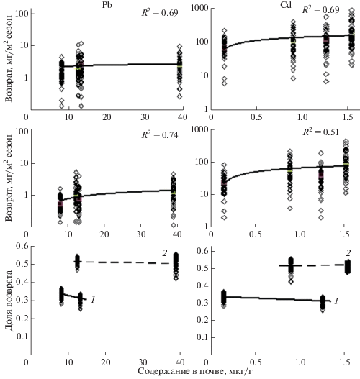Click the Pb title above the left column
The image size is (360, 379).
click(x=107, y=5)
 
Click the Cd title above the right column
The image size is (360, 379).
click(x=286, y=5)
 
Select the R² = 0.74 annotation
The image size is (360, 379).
click(x=160, y=134)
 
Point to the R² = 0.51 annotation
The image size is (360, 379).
click(x=321, y=132)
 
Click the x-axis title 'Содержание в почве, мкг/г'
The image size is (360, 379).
click(x=194, y=371)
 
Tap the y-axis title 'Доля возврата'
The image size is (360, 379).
click(x=9, y=301)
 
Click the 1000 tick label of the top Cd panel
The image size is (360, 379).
click(x=199, y=8)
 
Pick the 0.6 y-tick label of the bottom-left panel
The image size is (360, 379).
click(x=22, y=246)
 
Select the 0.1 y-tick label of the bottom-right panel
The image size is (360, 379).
click(x=202, y=337)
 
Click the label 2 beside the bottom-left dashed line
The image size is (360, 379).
click(x=165, y=253)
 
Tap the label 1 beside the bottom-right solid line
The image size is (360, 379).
click(x=336, y=301)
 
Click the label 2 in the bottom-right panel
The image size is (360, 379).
click(x=348, y=253)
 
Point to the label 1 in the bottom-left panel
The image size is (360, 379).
click(x=93, y=300)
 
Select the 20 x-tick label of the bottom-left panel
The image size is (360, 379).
click(x=106, y=362)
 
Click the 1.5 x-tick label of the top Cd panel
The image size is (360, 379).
click(x=347, y=117)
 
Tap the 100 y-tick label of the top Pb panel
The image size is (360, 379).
click(x=22, y=13)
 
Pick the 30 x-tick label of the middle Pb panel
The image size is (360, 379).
click(x=141, y=234)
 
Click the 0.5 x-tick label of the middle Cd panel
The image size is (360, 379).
click(x=256, y=234)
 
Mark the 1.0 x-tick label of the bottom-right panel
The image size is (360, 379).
click(x=300, y=362)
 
